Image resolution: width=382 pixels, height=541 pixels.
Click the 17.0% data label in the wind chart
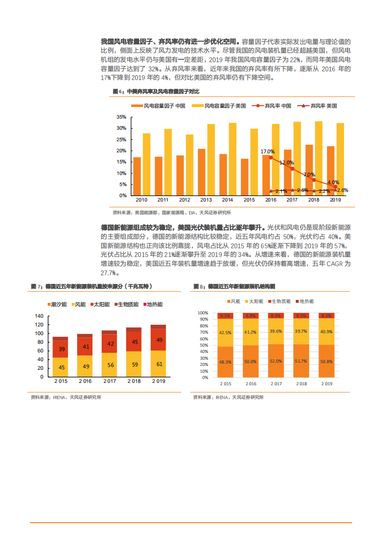[x=267, y=151]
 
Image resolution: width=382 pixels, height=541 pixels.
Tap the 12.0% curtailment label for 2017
[x=286, y=163]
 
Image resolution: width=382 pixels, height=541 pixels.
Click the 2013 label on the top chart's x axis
[x=206, y=200]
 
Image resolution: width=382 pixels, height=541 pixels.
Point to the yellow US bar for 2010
[x=146, y=164]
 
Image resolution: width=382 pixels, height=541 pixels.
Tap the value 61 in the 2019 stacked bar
[x=159, y=365]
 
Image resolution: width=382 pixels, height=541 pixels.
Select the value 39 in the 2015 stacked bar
[x=61, y=349]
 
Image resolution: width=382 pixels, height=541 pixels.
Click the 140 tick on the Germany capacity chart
[x=39, y=316]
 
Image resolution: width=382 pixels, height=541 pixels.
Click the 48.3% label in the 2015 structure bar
[x=224, y=362]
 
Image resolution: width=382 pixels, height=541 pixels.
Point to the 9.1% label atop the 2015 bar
[x=224, y=316]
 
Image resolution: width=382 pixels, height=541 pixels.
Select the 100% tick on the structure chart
[x=202, y=312]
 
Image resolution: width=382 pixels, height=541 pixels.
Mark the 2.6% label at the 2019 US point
[x=342, y=190]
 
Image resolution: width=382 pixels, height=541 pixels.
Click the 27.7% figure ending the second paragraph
[x=109, y=273]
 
